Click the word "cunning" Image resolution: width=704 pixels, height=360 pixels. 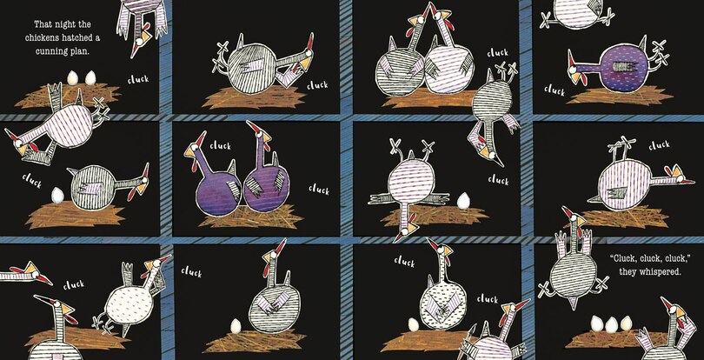pyautogui.click(x=50, y=51)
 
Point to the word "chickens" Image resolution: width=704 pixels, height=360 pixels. pyautogui.click(x=40, y=37)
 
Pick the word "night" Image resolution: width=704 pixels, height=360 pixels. pyautogui.click(x=64, y=23)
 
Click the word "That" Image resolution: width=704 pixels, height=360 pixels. pyautogui.click(x=43, y=23)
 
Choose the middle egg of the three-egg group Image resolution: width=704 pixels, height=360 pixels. pyautogui.click(x=611, y=324)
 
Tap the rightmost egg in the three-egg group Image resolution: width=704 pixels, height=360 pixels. pyautogui.click(x=626, y=323)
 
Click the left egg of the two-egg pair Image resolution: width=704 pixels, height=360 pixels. pyautogui.click(x=73, y=77)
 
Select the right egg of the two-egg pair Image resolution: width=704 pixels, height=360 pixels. pyautogui.click(x=90, y=77)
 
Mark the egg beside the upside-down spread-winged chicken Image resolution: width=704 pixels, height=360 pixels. pyautogui.click(x=463, y=201)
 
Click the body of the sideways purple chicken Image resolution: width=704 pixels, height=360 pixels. pyautogui.click(x=617, y=70)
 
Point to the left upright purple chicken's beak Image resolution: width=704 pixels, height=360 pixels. pyautogui.click(x=189, y=153)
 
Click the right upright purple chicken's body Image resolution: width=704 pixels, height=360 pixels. pyautogui.click(x=266, y=189)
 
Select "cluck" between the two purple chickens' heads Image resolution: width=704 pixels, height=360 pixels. pyautogui.click(x=220, y=145)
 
